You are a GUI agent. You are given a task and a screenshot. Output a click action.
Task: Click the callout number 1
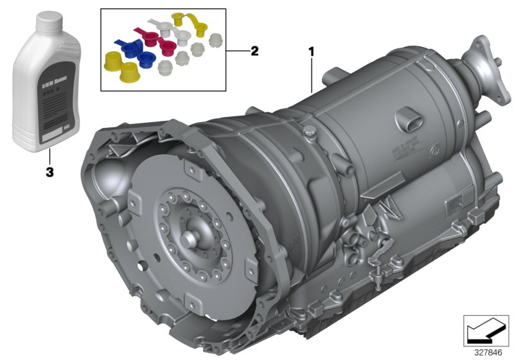[x=312, y=50]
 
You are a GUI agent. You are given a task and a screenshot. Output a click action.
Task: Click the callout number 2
[x=254, y=51]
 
